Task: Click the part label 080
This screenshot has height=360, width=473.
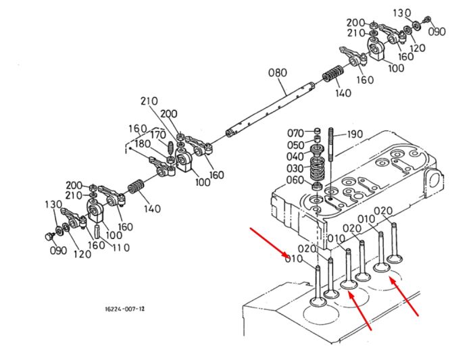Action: click(278, 73)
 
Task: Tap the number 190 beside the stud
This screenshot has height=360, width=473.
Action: click(355, 134)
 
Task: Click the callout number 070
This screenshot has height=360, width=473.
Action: click(295, 133)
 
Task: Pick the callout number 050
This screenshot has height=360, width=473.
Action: click(295, 145)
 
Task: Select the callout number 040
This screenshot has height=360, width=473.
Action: click(295, 157)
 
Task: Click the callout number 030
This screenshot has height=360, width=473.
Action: click(295, 168)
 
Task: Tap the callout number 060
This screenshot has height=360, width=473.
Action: click(295, 180)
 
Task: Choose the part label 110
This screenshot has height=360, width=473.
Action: click(121, 247)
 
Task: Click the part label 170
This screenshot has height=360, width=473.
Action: click(157, 135)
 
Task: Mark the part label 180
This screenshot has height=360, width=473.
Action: click(143, 144)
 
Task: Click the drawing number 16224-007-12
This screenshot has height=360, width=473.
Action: click(124, 309)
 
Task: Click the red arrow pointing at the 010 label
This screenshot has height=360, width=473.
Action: click(268, 242)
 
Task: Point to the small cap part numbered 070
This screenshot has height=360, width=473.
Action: click(317, 131)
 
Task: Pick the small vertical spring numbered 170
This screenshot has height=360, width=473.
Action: click(170, 147)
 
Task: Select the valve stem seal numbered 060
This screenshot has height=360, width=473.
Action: click(317, 186)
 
